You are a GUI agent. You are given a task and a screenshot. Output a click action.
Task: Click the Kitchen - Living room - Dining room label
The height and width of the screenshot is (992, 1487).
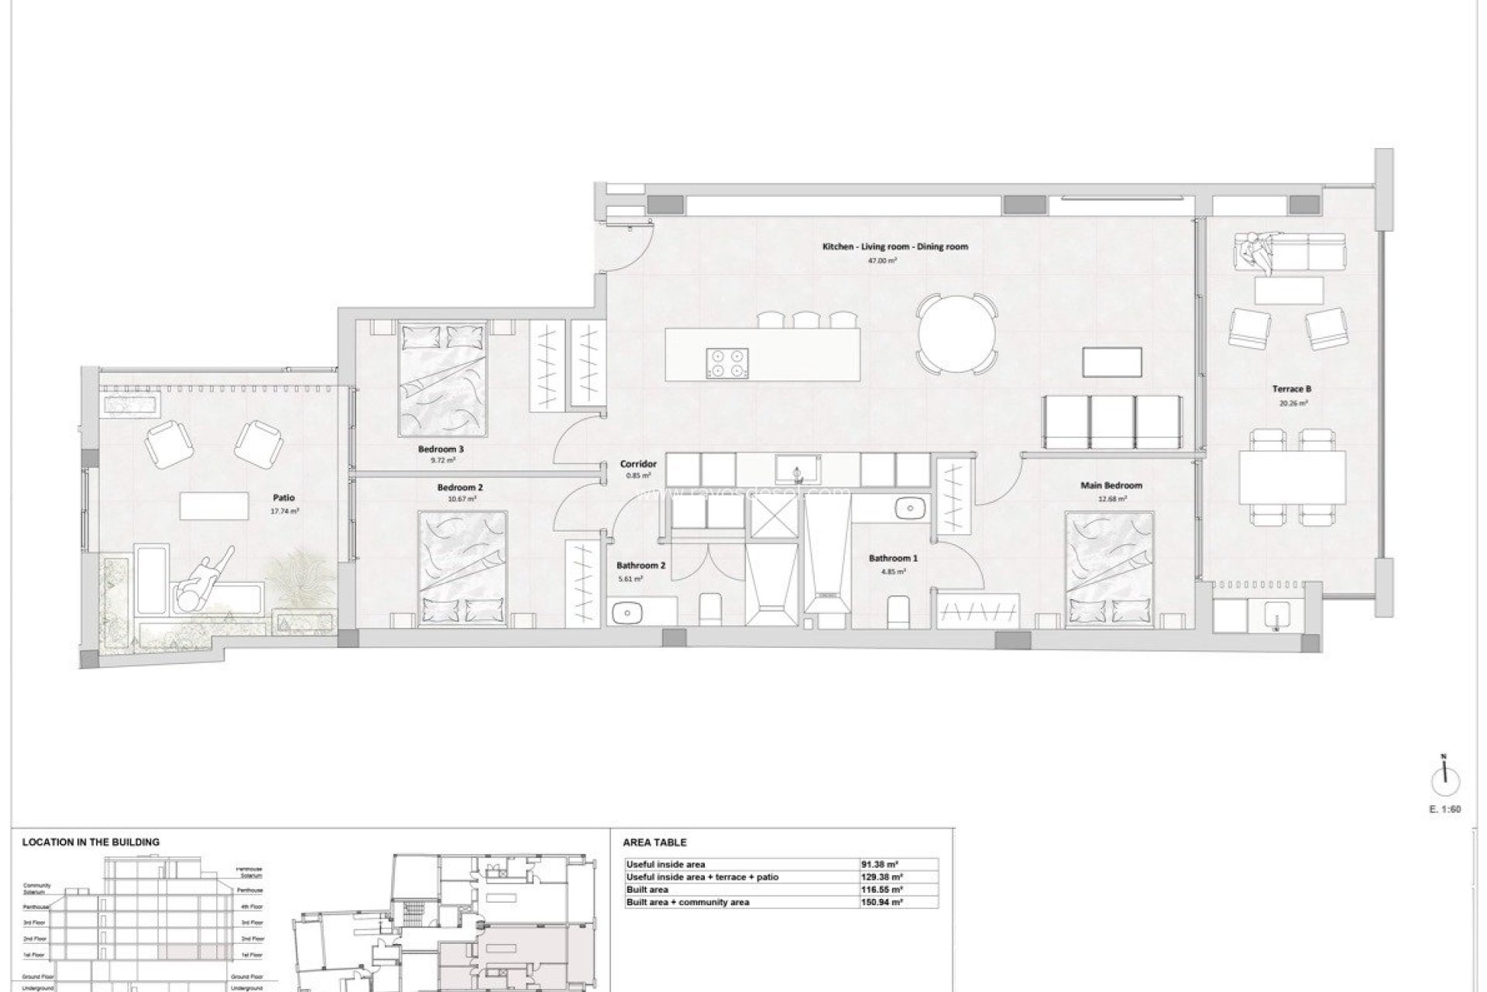click(x=895, y=247)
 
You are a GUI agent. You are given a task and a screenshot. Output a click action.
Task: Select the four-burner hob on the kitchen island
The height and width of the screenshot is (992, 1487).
click(x=728, y=362)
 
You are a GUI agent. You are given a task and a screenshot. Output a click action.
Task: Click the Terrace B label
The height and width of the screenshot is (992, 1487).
click(x=1292, y=389)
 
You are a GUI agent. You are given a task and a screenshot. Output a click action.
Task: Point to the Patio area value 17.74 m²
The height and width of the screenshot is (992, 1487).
click(x=284, y=511)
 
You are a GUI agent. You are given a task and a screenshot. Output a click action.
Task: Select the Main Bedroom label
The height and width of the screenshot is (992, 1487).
click(x=1111, y=486)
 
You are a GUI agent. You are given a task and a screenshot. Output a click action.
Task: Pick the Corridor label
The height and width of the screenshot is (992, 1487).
click(x=638, y=465)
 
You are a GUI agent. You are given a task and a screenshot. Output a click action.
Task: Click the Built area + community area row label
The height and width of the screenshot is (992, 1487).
click(x=688, y=902)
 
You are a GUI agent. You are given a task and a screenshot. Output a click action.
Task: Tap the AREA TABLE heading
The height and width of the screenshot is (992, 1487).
click(x=654, y=842)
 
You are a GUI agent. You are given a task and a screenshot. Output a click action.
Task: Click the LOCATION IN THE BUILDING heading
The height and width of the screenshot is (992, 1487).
click(x=91, y=842)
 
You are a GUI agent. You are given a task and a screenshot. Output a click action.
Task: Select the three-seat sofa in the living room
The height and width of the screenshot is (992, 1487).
click(x=1113, y=422)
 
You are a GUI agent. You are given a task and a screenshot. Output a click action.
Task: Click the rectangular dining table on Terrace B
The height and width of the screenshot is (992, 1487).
click(x=1292, y=477)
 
